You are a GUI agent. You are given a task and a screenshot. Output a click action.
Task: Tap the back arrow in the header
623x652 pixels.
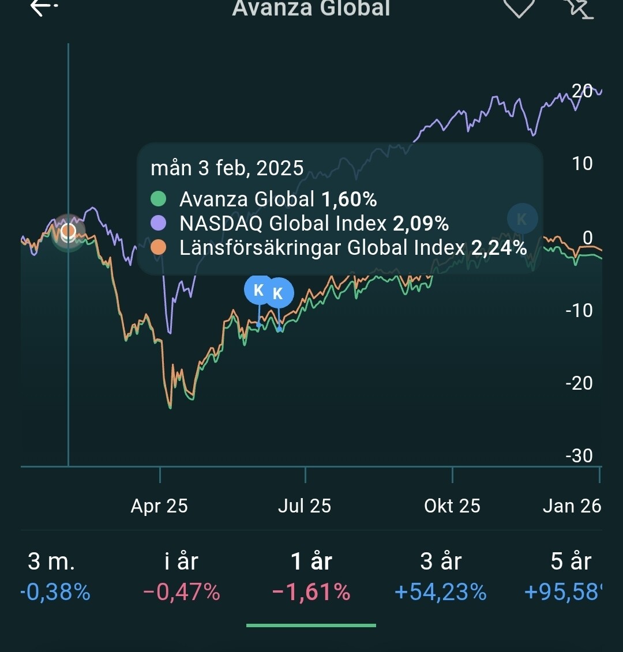click(x=44, y=7)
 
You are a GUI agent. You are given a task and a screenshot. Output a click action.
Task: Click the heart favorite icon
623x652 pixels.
click(x=519, y=7)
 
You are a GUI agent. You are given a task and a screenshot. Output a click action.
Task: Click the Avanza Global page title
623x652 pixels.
click(x=311, y=8)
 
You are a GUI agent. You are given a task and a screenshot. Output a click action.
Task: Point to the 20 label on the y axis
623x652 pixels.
click(x=582, y=91)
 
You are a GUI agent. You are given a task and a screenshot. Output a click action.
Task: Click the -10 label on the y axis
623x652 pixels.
click(x=579, y=310)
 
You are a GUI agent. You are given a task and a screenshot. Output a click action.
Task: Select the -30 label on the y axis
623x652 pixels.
click(x=579, y=455)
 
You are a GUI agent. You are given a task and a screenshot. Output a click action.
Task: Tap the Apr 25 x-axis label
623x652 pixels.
click(x=159, y=506)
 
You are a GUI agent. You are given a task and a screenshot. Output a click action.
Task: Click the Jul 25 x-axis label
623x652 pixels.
click(x=305, y=506)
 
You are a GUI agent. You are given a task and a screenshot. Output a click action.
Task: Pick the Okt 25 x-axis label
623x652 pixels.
click(x=452, y=506)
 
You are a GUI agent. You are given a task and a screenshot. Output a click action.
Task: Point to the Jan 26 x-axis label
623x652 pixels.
click(x=572, y=506)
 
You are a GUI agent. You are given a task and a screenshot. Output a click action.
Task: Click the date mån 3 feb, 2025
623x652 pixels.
click(x=227, y=168)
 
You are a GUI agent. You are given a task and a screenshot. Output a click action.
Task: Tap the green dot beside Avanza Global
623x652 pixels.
click(x=158, y=199)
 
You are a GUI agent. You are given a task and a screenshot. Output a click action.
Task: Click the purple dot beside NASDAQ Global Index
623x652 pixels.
click(x=158, y=223)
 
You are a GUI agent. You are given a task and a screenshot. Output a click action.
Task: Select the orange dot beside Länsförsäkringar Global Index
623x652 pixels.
click(x=158, y=247)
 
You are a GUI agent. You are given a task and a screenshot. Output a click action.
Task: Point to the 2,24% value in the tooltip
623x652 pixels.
click(x=499, y=247)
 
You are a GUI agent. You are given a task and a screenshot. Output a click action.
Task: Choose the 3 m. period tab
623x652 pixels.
click(x=51, y=561)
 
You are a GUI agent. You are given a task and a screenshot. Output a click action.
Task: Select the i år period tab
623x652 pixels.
click(x=181, y=561)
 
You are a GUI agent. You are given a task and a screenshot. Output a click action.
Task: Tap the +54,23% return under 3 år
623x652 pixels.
click(x=441, y=592)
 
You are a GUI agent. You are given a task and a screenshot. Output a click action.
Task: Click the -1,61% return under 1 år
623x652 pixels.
click(x=311, y=592)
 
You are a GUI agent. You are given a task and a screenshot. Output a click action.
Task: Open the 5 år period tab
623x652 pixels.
click(x=571, y=561)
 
